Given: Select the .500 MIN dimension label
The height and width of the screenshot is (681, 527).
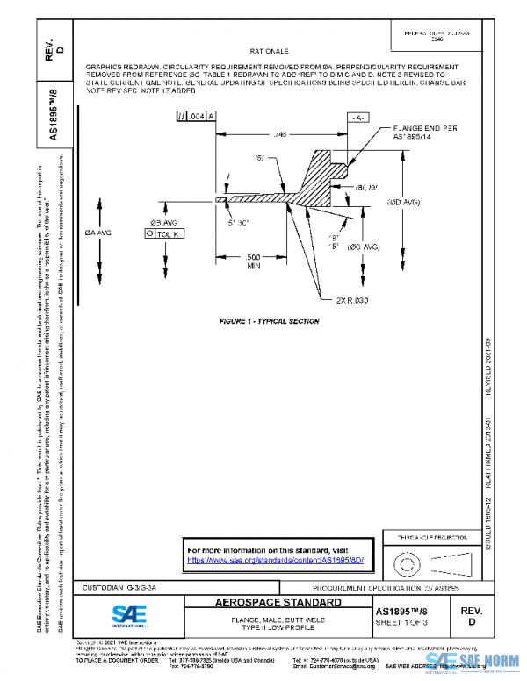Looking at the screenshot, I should click(x=253, y=260).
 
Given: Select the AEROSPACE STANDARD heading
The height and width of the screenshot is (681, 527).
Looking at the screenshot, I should click(x=278, y=604).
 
